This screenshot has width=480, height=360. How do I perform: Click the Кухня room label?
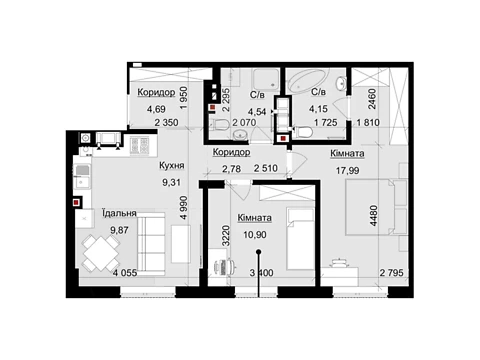tap(171, 165)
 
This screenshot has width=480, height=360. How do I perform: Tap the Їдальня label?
tap(119, 213)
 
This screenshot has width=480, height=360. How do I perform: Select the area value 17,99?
tap(347, 171)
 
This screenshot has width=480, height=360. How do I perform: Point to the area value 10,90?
tap(255, 235)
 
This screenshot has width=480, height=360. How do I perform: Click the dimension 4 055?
tap(125, 273)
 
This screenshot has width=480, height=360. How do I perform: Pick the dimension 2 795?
tap(392, 273)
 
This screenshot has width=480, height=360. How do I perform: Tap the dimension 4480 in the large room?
tap(374, 216)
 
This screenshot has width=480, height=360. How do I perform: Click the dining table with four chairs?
tap(101, 253)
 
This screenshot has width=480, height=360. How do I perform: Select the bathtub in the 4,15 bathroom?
tap(309, 80)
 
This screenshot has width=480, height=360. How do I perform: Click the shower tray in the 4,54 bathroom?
tap(266, 79)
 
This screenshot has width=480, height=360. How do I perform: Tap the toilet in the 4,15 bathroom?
tap(303, 133)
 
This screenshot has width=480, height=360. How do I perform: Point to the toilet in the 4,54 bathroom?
tap(220, 125)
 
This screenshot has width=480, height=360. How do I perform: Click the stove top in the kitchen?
tap(139, 145)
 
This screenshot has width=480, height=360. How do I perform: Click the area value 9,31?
tap(171, 182)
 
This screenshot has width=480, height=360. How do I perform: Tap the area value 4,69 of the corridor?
tap(156, 109)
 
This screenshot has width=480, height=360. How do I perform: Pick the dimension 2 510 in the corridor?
tap(266, 168)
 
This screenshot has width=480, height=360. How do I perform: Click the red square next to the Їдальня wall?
tap(76, 202)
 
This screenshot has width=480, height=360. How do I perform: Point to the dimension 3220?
tap(226, 236)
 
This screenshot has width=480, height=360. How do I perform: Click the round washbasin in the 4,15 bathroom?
tap(341, 83)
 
